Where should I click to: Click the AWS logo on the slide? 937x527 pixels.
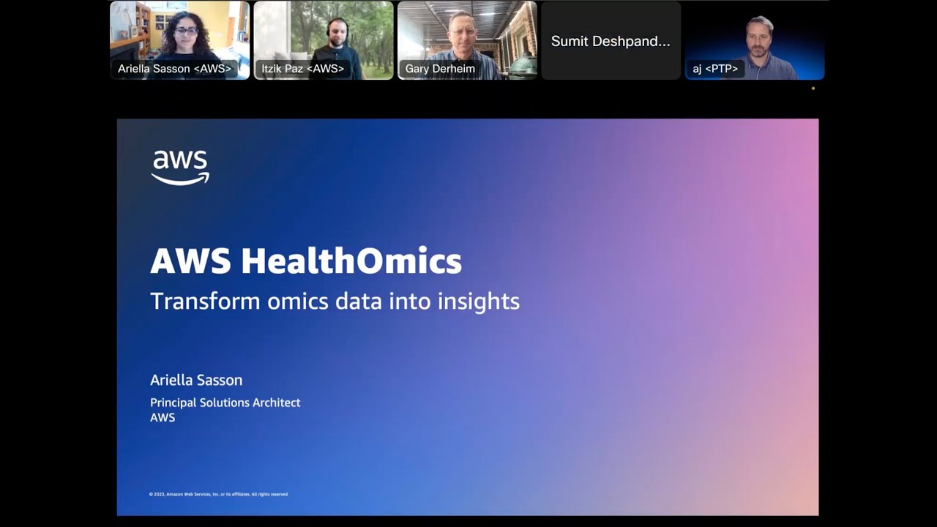click(x=180, y=167)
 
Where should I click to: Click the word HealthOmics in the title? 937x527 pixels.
click(x=351, y=261)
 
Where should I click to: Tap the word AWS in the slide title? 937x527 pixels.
click(x=190, y=261)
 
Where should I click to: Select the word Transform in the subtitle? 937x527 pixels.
click(x=205, y=302)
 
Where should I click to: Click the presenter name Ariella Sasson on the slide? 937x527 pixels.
click(x=196, y=380)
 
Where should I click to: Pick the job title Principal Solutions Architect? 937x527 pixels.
click(x=225, y=403)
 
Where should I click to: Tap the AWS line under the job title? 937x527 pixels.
click(x=163, y=418)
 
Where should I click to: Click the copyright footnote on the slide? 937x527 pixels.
click(x=218, y=494)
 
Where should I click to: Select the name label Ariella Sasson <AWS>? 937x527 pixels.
click(x=174, y=69)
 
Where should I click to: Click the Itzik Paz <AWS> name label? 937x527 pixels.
click(x=302, y=69)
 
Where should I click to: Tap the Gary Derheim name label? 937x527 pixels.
click(x=440, y=69)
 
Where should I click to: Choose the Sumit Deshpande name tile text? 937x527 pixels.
click(x=611, y=41)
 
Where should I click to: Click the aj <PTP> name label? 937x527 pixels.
click(x=715, y=69)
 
